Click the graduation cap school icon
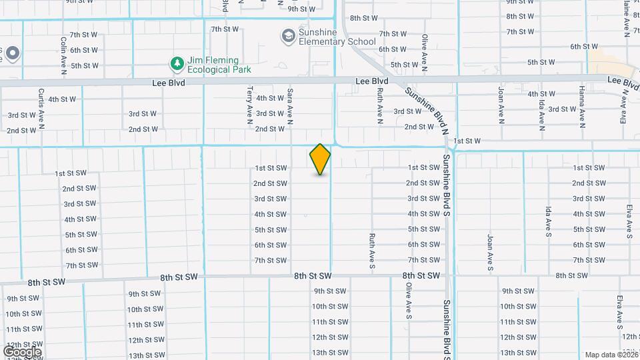pyautogui.click(x=288, y=35)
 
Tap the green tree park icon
pyautogui.click(x=177, y=64)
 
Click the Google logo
pyautogui.click(x=22, y=351)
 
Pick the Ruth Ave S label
pyautogui.click(x=372, y=252)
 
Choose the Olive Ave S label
pyautogui.click(x=408, y=300)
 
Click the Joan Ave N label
pyautogui.click(x=501, y=104)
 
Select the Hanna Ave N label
pyautogui.click(x=582, y=107)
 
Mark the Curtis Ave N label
pyautogui.click(x=41, y=107)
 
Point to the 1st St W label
pyautogui.click(x=467, y=141)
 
